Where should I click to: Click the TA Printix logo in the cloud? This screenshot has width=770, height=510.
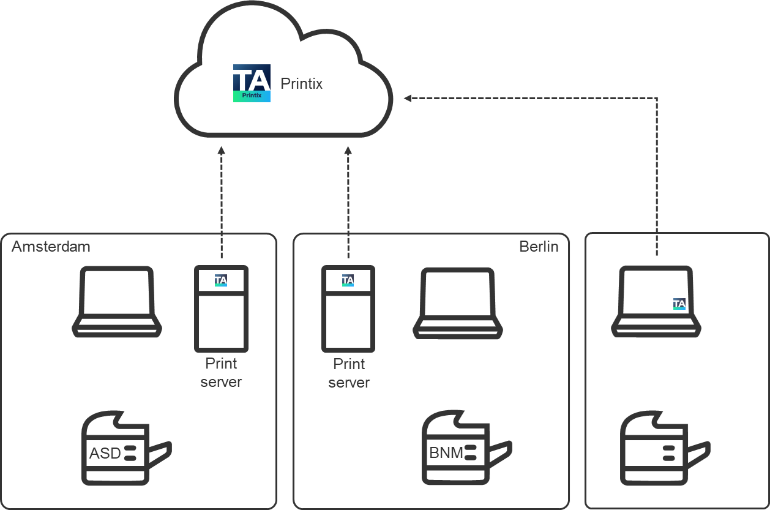(252, 83)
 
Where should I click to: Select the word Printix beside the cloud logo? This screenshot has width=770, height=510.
(301, 84)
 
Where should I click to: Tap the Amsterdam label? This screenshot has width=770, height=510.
(51, 247)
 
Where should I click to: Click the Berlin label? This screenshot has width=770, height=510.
(539, 247)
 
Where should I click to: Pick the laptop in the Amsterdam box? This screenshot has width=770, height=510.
(117, 302)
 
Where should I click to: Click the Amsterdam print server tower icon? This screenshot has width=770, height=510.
(221, 309)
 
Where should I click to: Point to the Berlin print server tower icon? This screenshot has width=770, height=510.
(348, 309)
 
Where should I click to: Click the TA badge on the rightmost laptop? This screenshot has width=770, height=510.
(679, 304)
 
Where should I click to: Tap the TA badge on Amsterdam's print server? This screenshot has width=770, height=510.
(221, 280)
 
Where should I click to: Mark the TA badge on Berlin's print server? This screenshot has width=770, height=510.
(348, 280)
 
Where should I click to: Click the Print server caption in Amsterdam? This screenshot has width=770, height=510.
(221, 373)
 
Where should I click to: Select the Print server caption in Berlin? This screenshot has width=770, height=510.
(349, 373)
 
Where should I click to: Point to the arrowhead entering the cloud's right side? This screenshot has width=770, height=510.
(408, 98)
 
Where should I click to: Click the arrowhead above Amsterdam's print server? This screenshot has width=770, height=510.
(222, 150)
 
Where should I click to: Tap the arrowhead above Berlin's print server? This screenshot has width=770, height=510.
(348, 150)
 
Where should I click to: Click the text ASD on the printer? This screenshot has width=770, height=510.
(105, 454)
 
